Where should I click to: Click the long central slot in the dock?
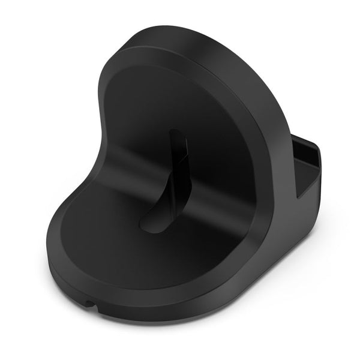[x=163, y=180]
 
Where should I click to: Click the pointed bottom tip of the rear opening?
[x=298, y=198]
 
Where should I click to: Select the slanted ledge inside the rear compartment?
[x=312, y=174]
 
